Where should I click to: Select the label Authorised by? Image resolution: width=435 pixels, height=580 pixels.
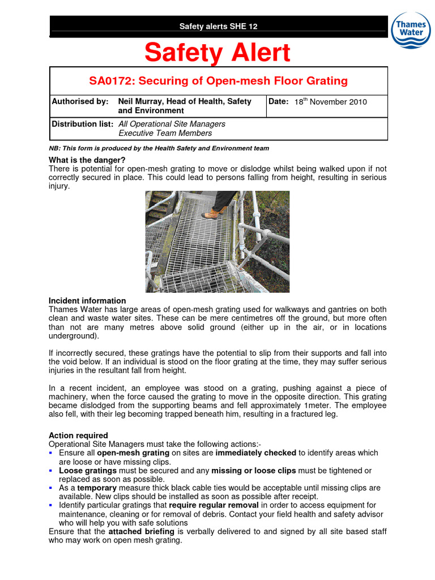pos(80,101)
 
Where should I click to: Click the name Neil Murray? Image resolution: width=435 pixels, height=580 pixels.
pos(140,101)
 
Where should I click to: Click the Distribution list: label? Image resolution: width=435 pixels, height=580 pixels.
pos(83,124)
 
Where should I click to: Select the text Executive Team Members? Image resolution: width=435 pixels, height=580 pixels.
pos(165,134)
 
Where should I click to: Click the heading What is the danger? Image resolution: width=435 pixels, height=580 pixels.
pos(87,160)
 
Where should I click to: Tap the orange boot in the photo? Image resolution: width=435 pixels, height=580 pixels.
pos(211,214)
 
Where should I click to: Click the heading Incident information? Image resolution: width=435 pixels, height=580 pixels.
pos(87,301)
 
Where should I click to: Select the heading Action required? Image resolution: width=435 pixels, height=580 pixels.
pos(78,436)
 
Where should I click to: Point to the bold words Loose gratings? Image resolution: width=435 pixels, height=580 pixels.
pos(88,471)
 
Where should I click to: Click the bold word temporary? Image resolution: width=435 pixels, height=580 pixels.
pos(96,488)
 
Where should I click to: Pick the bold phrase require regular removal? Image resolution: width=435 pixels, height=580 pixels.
pos(214,505)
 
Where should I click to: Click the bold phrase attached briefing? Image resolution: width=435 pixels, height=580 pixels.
pos(141,532)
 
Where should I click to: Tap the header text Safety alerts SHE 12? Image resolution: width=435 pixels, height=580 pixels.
pos(218,26)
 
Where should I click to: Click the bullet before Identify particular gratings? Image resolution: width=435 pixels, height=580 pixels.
pos(52,505)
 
